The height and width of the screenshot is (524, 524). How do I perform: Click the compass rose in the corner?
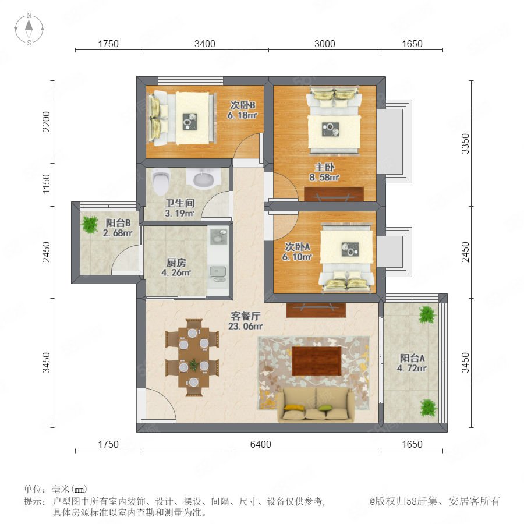[29, 29]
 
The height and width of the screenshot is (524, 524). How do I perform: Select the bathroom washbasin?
[204, 178]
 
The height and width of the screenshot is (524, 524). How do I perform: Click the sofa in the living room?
[316, 405]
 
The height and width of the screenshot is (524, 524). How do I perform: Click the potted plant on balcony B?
[90, 224]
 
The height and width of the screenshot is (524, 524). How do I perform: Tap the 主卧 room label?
[324, 167]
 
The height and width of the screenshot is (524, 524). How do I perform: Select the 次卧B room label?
[243, 105]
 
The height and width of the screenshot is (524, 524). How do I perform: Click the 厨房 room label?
[176, 263]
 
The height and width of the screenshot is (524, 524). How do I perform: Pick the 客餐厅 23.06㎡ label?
[245, 321]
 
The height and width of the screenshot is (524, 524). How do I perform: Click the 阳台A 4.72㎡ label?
[412, 363]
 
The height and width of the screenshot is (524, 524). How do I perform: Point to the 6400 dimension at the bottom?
[261, 444]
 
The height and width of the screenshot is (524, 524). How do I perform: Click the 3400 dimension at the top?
[205, 44]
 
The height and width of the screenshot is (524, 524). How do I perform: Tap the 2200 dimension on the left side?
[46, 122]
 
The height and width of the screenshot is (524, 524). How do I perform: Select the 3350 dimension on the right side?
[465, 144]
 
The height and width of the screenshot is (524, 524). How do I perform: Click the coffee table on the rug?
[317, 361]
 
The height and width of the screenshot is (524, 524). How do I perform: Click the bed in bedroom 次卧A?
[346, 258]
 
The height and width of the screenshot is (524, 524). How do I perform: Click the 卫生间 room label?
[180, 203]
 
